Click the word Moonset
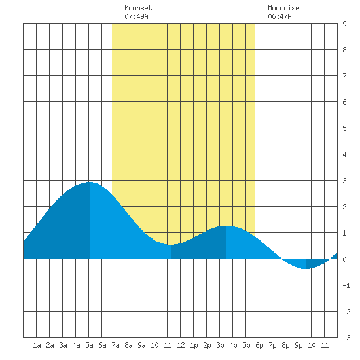point(138,8)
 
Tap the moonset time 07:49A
point(136,16)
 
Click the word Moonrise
point(283,8)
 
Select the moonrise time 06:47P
point(279,16)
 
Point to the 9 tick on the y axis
point(344,24)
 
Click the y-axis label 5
point(344,128)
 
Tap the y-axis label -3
point(346,338)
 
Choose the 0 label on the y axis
point(344,259)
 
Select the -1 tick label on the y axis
point(346,285)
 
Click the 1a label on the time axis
point(37,345)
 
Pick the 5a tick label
point(89,345)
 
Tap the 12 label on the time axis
point(181,345)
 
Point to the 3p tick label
point(220,345)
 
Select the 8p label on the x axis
point(285,345)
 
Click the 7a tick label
point(115,345)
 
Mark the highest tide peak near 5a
point(90,182)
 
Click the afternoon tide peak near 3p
point(226,226)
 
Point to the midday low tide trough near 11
point(171,245)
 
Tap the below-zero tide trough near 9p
point(306,268)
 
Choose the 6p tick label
point(259,345)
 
